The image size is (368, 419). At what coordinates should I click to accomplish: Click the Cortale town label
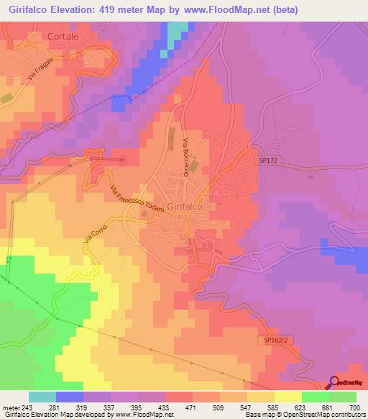point(61,35)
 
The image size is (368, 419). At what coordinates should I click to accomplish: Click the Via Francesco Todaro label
point(139,200)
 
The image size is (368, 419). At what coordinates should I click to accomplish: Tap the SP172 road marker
point(268,163)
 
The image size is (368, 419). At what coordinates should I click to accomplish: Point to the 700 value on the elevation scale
point(355,407)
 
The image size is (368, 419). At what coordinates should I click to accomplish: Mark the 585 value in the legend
point(261,407)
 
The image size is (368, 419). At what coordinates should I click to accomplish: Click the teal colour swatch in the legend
point(42,397)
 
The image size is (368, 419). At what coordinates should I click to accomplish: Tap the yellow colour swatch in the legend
point(287,397)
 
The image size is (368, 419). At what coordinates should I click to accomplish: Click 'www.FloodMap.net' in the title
point(226,9)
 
